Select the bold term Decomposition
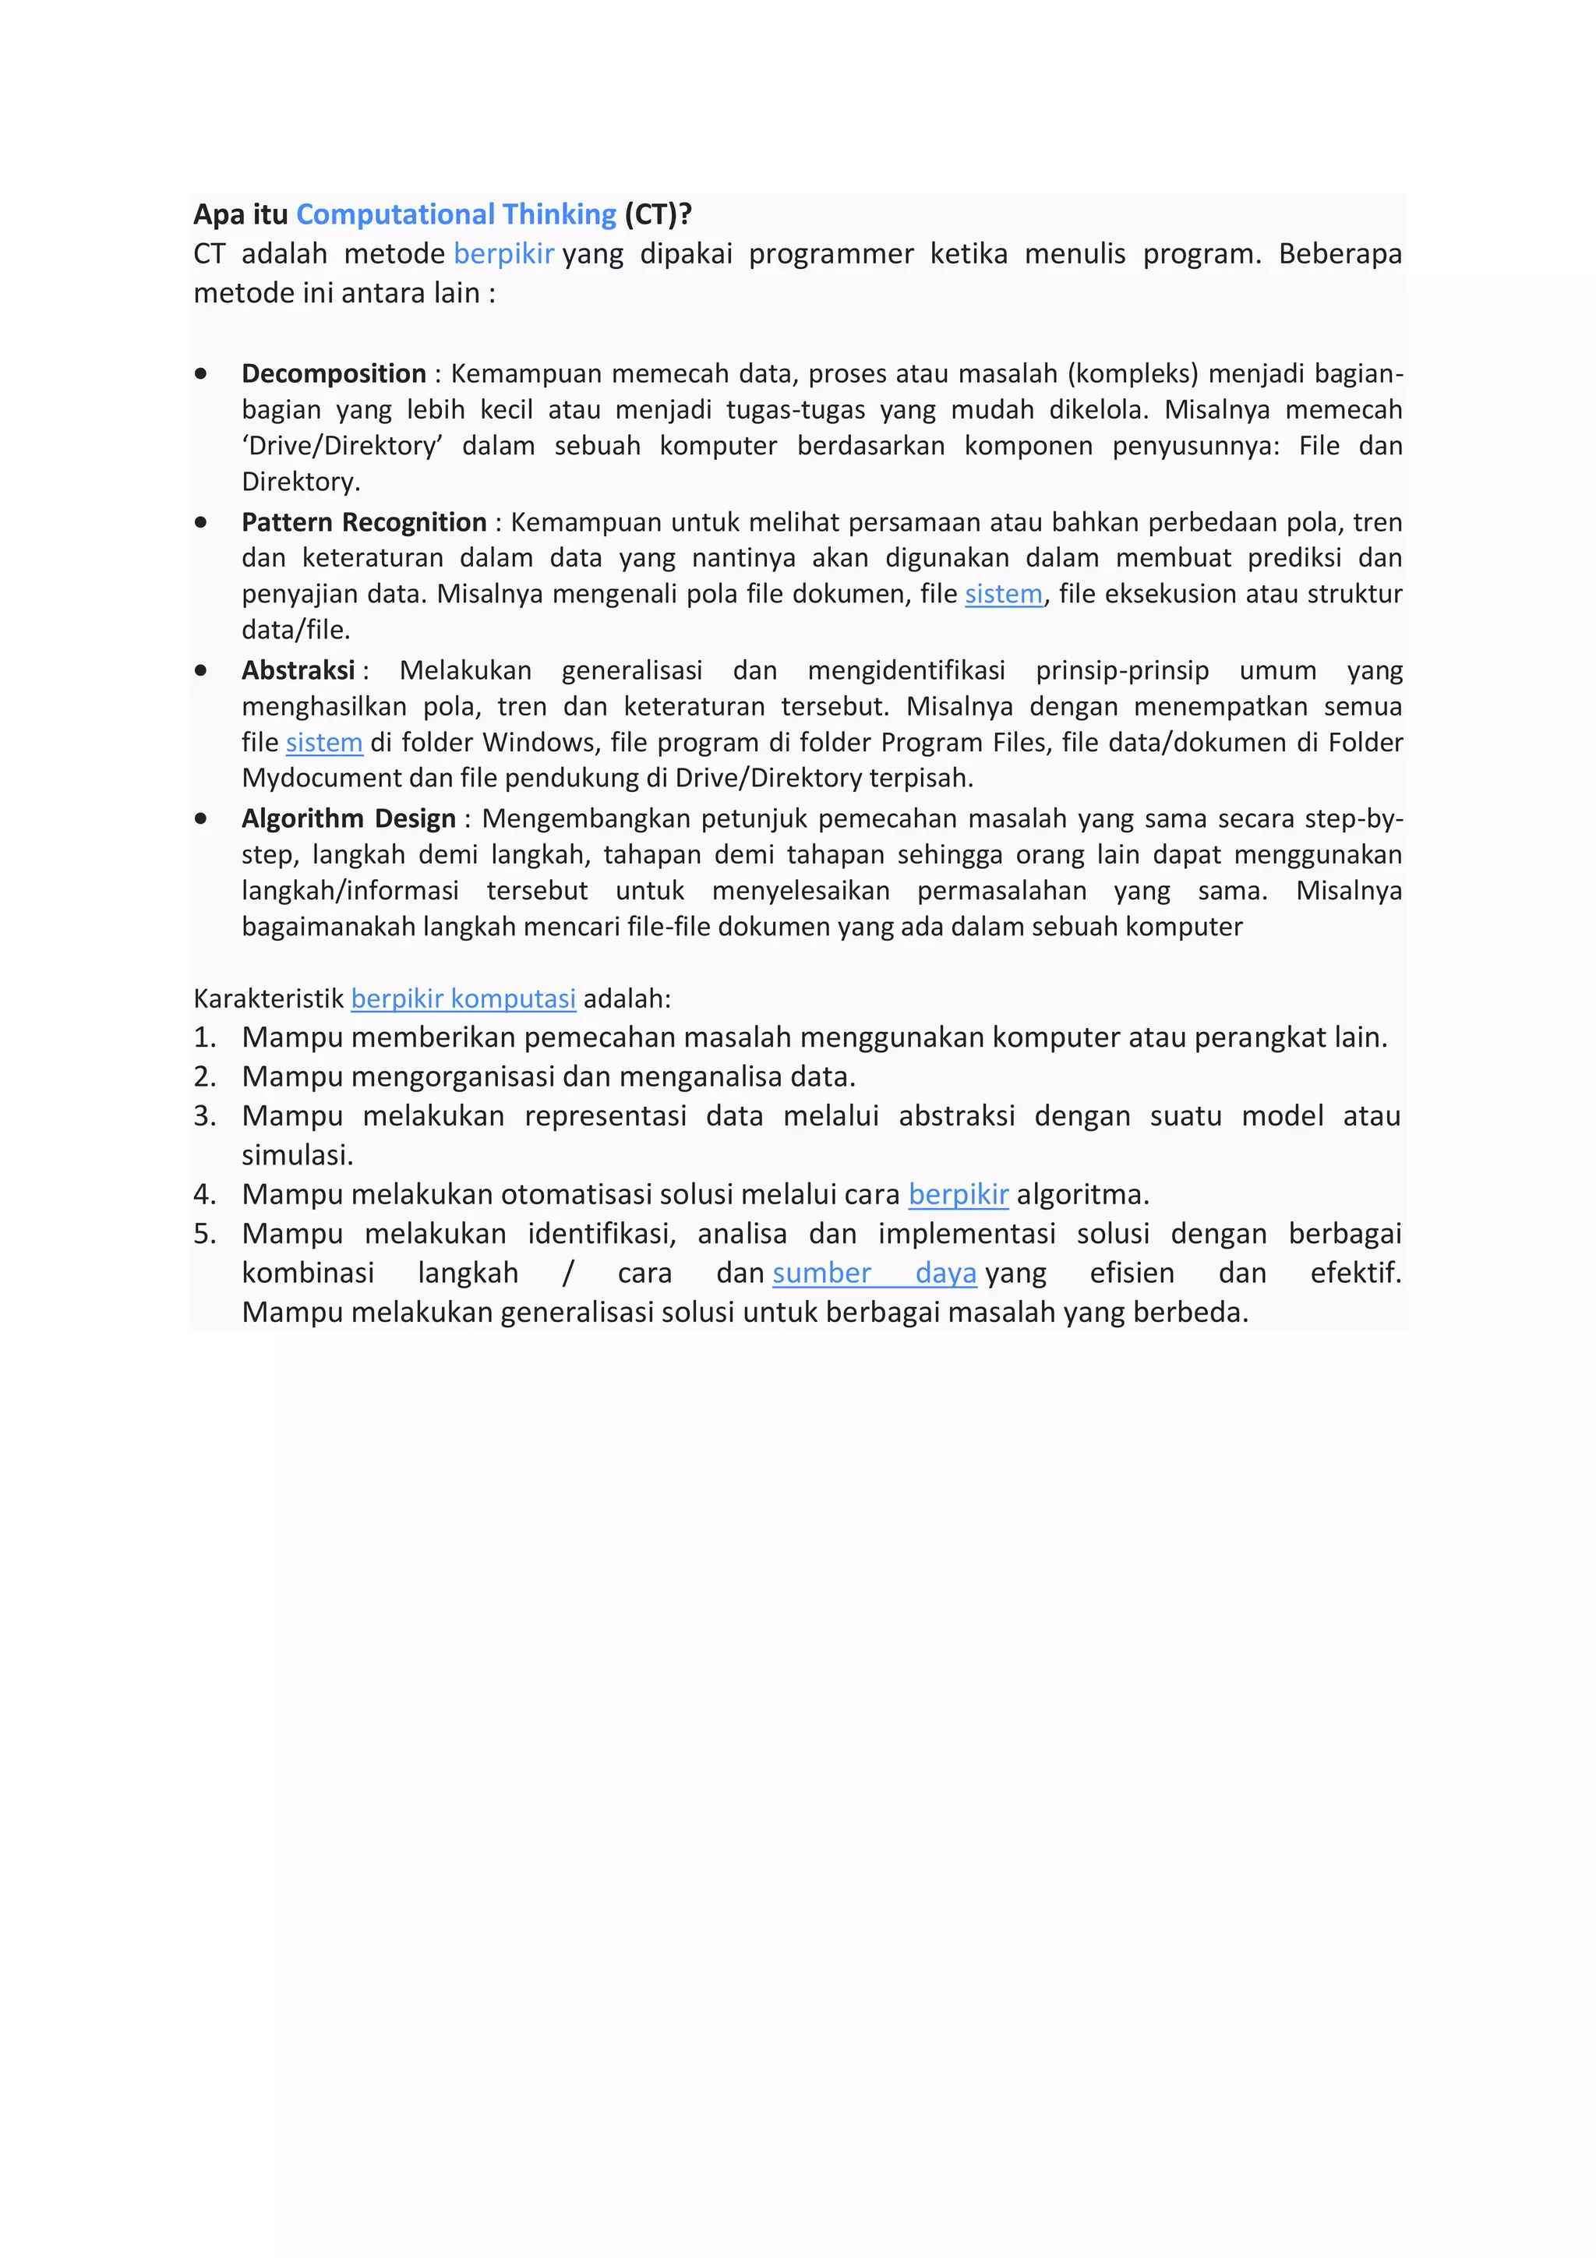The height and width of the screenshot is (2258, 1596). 334,373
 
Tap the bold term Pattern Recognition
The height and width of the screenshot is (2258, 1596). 364,522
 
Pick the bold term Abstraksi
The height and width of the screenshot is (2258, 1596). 298,671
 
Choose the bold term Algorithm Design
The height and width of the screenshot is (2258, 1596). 348,819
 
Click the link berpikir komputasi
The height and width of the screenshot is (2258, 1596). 463,999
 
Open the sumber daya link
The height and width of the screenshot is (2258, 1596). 874,1274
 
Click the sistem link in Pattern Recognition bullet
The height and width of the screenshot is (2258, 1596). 1003,594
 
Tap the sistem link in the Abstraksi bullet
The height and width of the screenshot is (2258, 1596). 323,743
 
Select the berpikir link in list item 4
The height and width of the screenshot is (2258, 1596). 958,1195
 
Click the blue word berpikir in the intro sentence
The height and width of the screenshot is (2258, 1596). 503,254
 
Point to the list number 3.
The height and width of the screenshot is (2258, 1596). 203,1116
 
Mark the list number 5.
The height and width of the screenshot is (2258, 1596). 203,1235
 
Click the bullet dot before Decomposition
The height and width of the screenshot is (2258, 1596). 200,373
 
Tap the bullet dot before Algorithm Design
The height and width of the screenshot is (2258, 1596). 200,818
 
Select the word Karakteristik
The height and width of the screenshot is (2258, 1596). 268,999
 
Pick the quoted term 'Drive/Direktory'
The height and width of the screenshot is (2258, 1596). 342,447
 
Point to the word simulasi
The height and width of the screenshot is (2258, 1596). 297,1156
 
